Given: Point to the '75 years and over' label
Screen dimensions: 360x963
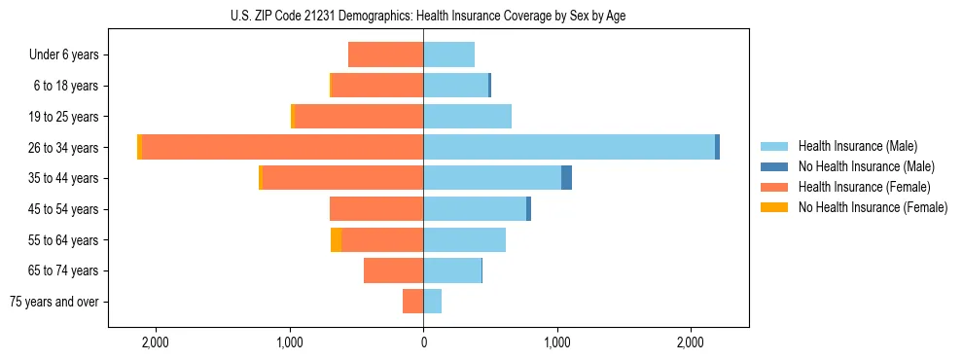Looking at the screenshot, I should point(54,302).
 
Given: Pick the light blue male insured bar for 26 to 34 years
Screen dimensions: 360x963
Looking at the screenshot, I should point(569,147).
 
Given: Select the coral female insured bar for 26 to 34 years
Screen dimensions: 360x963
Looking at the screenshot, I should point(282,147).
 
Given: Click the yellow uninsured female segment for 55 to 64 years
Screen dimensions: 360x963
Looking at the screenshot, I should point(336,240).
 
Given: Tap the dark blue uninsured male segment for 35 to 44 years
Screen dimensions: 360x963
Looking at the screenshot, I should point(566,178).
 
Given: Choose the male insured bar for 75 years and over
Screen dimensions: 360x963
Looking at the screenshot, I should point(433,302).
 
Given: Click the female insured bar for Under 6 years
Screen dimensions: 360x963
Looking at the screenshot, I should point(385,54).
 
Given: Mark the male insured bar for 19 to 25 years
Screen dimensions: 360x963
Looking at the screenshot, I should point(467,117).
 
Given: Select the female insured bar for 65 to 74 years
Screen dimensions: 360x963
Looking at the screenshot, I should point(393,270).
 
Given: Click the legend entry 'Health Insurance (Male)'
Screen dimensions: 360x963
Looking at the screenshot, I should point(857,146).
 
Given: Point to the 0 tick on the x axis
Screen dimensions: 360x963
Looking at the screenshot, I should point(423,343).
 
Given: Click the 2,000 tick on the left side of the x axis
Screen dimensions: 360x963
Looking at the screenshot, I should point(156,343).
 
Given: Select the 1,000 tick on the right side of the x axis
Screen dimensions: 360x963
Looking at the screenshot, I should point(557,343).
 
